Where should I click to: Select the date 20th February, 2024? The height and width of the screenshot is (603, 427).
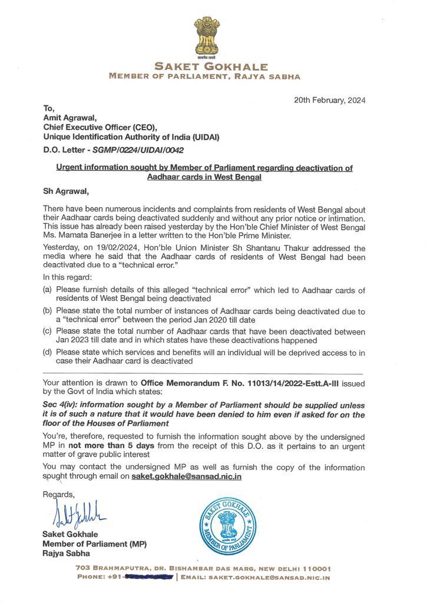click(330, 100)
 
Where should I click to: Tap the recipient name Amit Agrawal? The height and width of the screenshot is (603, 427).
click(67, 118)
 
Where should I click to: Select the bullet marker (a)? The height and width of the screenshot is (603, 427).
click(48, 290)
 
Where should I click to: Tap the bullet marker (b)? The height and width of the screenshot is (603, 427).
click(48, 311)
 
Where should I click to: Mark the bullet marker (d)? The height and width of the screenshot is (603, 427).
click(48, 353)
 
